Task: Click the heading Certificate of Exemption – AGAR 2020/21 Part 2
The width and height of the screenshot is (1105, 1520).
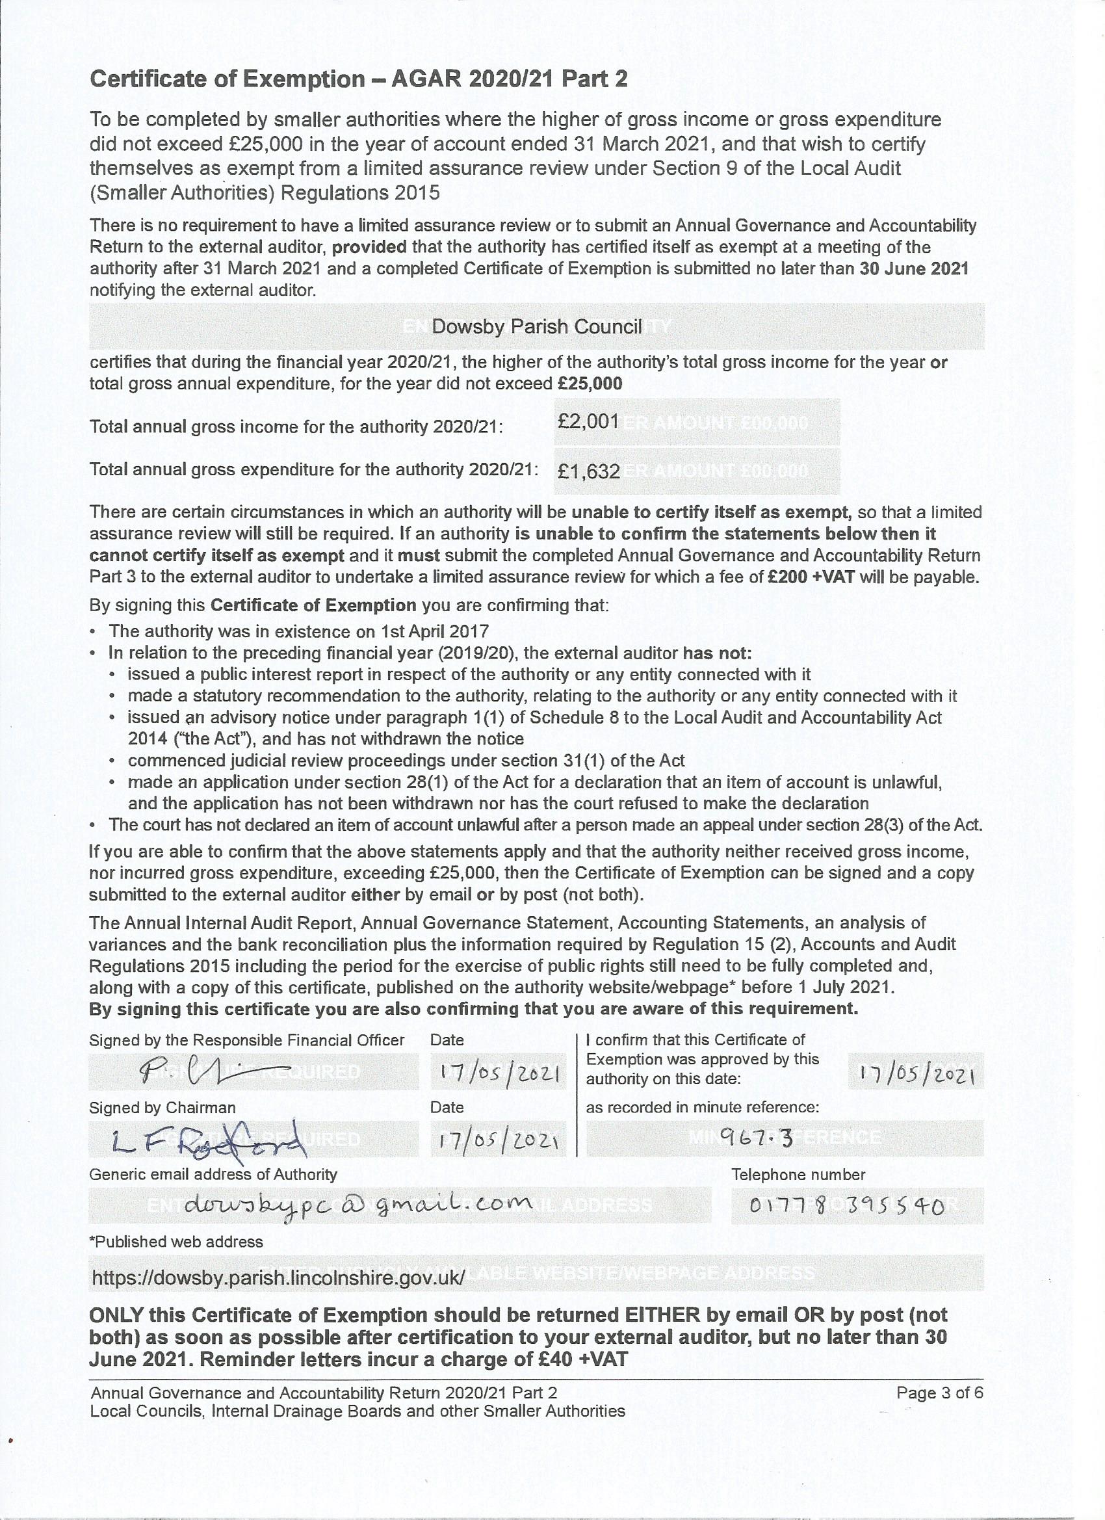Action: [359, 79]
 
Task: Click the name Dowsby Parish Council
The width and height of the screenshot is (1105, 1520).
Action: [537, 326]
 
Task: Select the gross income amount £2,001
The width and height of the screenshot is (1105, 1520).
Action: [588, 421]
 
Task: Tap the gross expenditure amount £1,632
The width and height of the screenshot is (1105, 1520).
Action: [588, 471]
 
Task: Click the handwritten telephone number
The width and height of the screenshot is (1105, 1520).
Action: [847, 1207]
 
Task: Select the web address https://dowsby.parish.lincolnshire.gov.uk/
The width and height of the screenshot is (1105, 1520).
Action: [278, 1278]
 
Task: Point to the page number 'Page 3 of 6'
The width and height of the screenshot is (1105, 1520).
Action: [939, 1393]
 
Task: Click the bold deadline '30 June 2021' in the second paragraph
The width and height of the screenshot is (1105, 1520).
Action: [914, 269]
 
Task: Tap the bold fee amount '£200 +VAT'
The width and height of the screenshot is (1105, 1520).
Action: [811, 577]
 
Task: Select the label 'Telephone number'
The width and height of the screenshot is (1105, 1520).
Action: [798, 1175]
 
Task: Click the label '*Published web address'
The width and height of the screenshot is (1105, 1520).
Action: [175, 1242]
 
